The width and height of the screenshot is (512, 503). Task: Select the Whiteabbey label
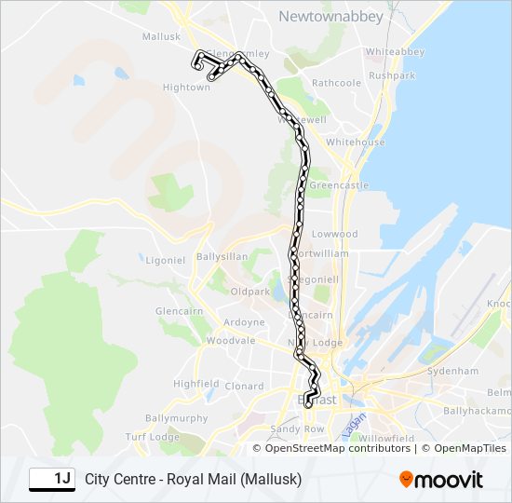pos(395,51)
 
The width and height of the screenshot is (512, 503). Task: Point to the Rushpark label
pos(392,75)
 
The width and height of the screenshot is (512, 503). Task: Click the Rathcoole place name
pos(336,83)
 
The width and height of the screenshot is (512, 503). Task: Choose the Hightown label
pos(186,88)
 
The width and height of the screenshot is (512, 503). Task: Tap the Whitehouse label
pos(355,142)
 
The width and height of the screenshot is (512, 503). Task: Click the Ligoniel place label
pos(166,260)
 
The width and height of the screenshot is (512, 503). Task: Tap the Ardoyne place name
pos(243,323)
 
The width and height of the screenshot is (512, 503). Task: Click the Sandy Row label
pos(295,428)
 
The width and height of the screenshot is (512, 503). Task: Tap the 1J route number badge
pos(52,479)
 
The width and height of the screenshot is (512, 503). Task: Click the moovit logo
pos(441,480)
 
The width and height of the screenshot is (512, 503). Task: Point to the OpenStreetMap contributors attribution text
pos(337,448)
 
